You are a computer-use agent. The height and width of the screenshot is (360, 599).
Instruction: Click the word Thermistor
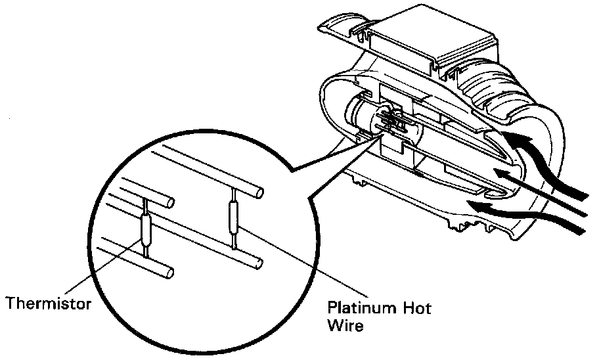coord(47,304)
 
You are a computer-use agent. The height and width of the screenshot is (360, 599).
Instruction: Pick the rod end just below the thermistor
coord(170,271)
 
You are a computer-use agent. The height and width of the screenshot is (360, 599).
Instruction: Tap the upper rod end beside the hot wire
coord(259,192)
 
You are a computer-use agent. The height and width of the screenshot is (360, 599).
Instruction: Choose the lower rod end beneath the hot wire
coord(259,265)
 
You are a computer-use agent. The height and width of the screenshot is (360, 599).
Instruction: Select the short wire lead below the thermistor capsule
coord(146,248)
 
